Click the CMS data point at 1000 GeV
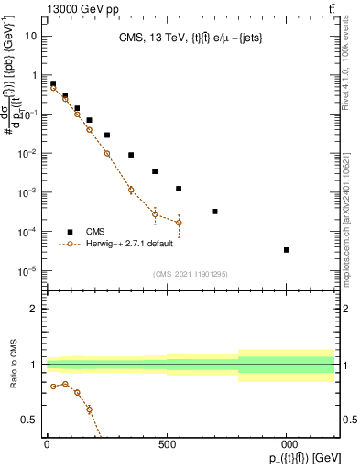tap(287, 249)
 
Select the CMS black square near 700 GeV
tap(214, 212)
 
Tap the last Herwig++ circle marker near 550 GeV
tap(179, 223)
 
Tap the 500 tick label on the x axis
tap(167, 446)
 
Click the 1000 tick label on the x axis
tap(287, 446)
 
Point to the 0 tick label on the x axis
tap(47, 446)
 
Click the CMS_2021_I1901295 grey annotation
tap(190, 274)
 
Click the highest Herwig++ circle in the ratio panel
tap(65, 384)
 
